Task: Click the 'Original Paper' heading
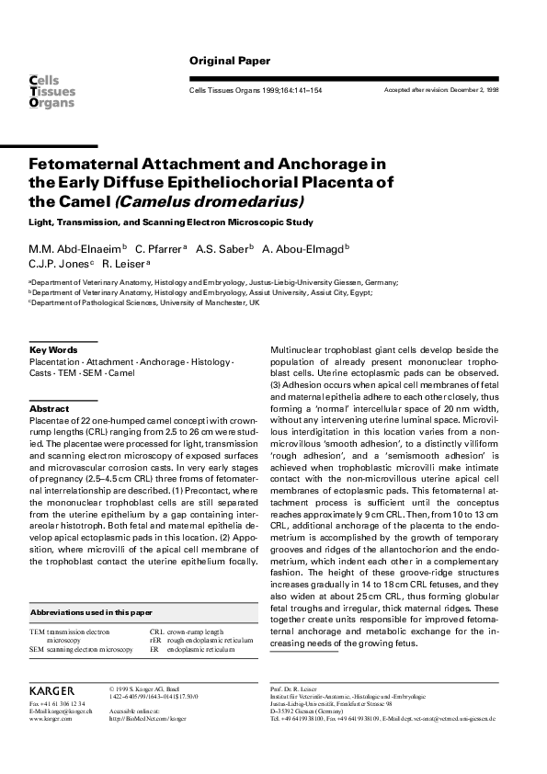230,61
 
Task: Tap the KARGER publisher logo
51,689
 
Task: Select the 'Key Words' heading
53,350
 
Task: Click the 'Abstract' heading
50,408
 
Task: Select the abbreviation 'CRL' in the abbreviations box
157,632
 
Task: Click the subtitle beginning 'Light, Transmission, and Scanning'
170,222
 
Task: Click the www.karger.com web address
51,718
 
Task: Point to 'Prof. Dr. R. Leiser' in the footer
294,688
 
